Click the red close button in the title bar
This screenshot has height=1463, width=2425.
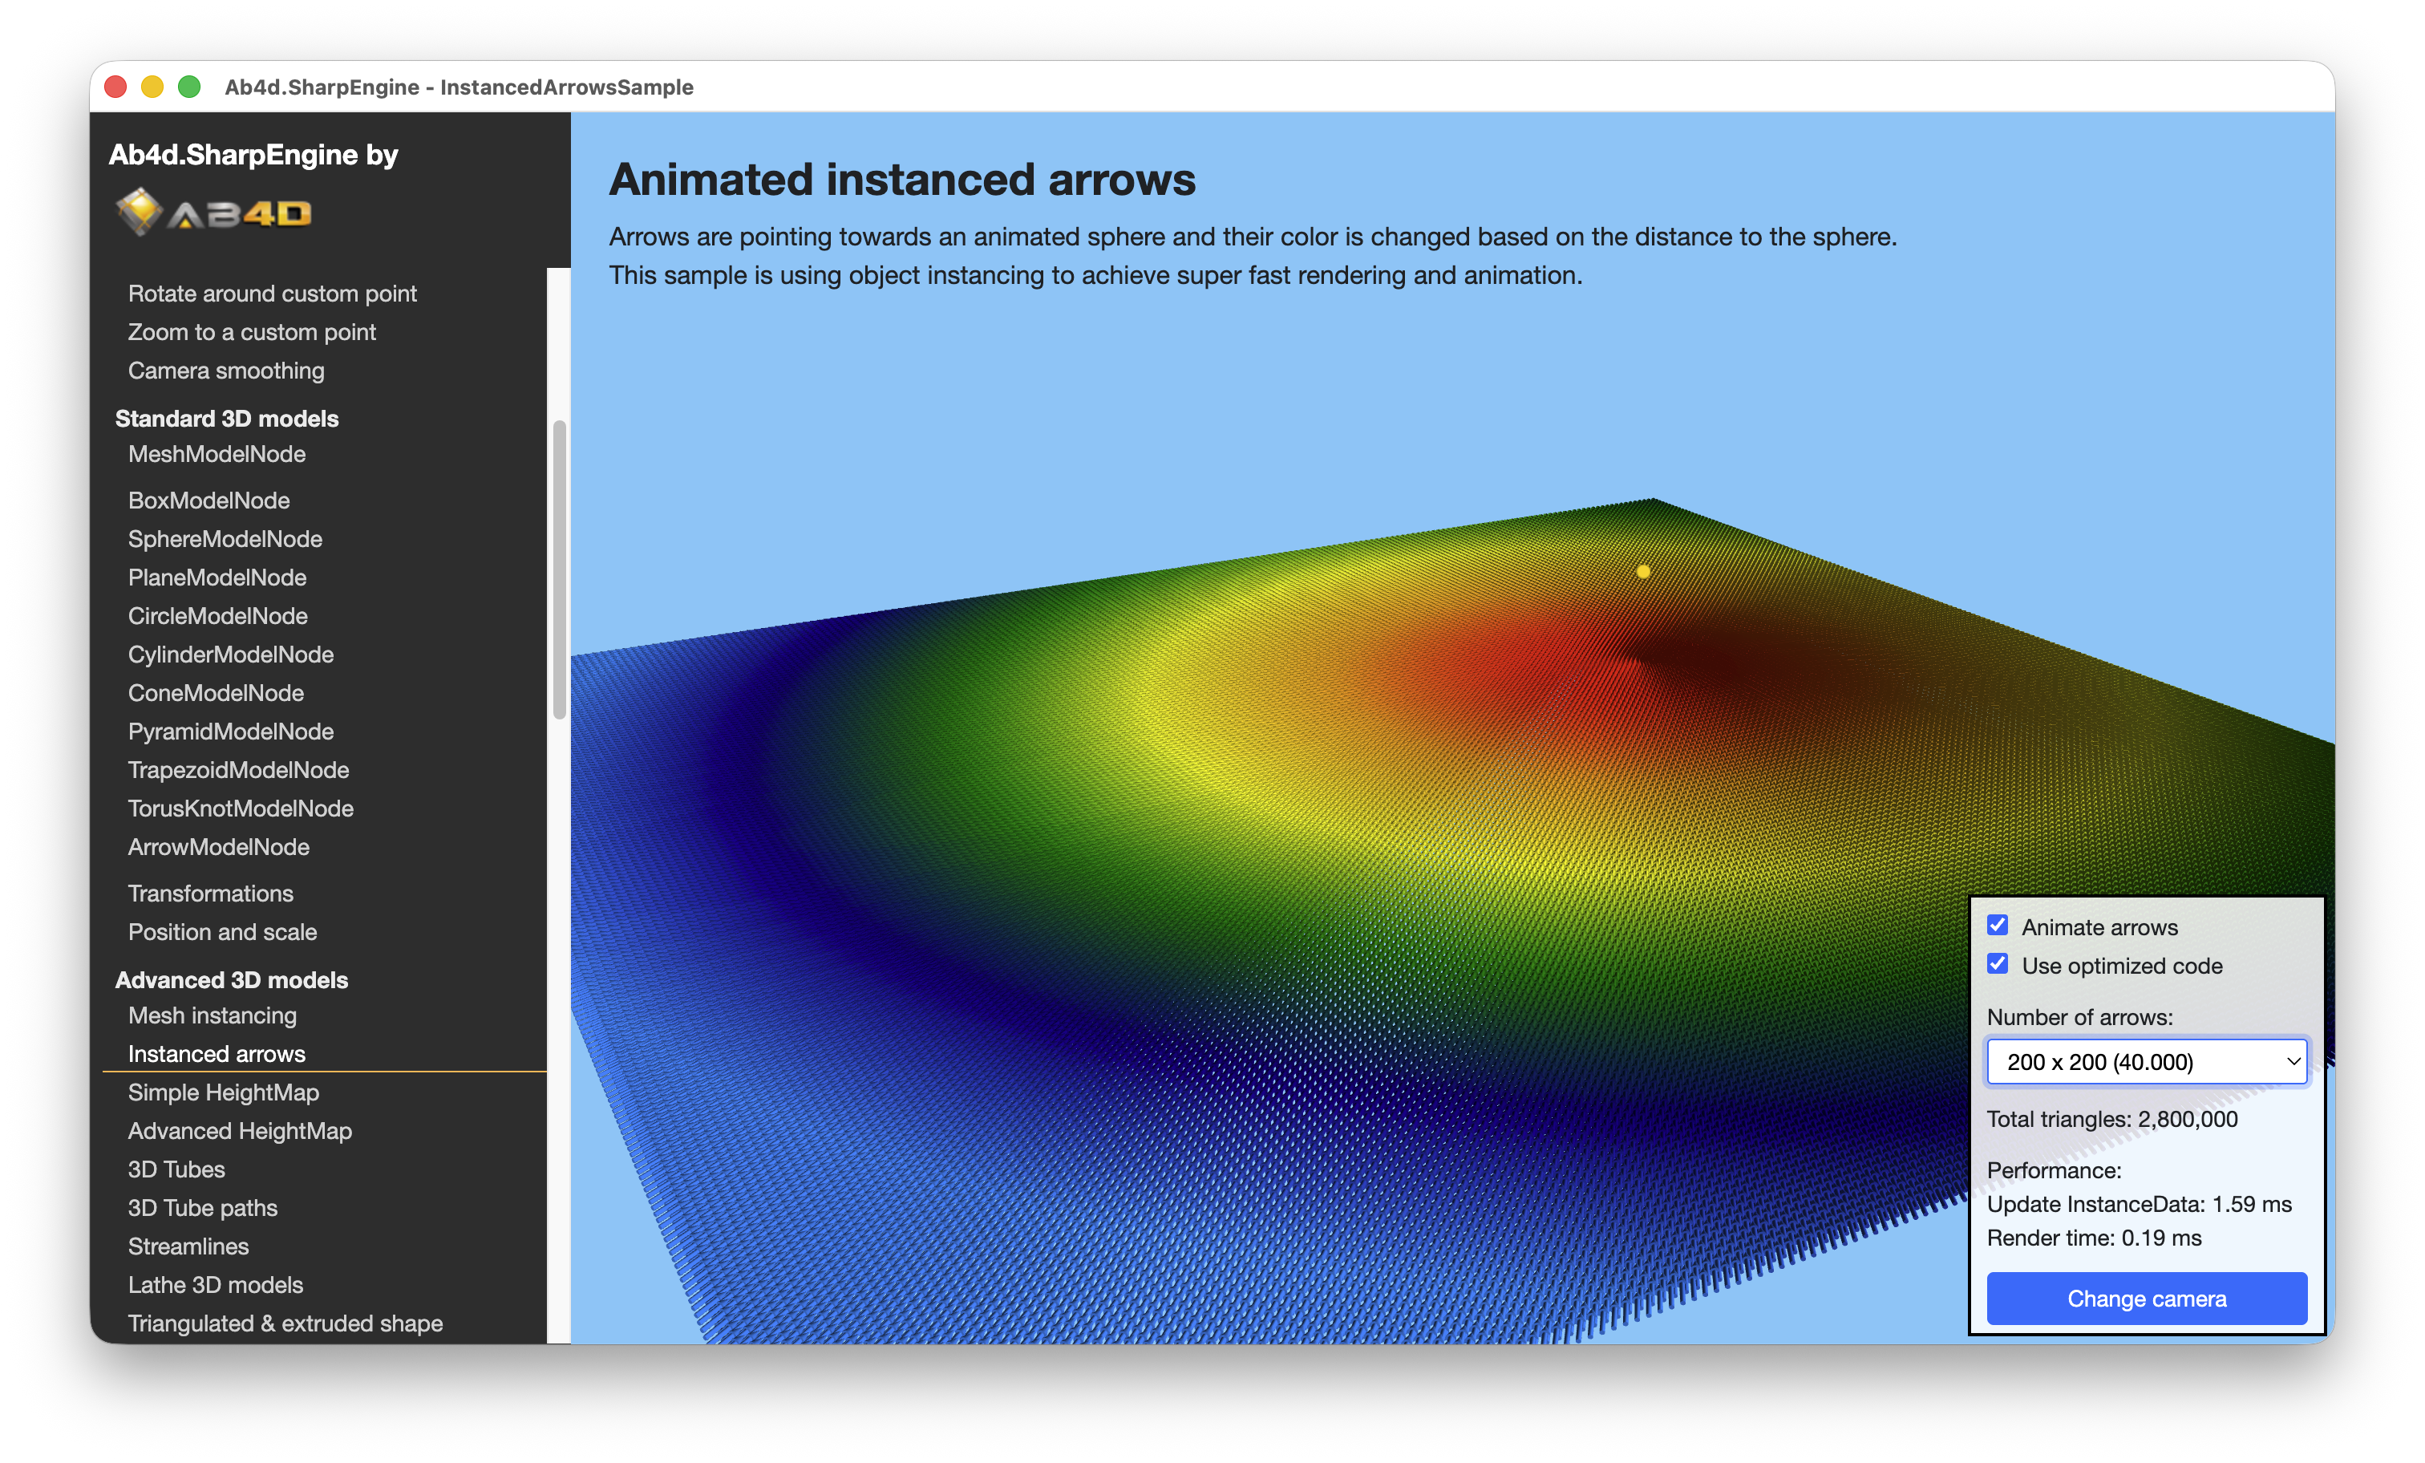[x=115, y=87]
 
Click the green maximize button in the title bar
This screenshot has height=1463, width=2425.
[x=189, y=87]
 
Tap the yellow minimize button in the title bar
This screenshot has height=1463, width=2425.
[x=152, y=87]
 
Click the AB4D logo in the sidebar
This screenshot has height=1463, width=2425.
[x=213, y=212]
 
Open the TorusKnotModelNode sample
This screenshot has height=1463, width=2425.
[x=241, y=808]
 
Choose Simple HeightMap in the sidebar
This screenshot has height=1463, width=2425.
[x=224, y=1092]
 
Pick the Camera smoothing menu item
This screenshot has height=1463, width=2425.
[x=226, y=371]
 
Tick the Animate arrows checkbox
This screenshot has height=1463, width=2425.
[x=1997, y=926]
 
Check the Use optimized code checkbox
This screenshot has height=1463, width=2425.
[x=1997, y=964]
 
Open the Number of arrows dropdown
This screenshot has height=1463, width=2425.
[x=2147, y=1061]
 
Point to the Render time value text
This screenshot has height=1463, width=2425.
[x=2161, y=1238]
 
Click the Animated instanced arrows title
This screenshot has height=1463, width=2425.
[x=901, y=180]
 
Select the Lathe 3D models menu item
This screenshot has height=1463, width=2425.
[x=216, y=1285]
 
